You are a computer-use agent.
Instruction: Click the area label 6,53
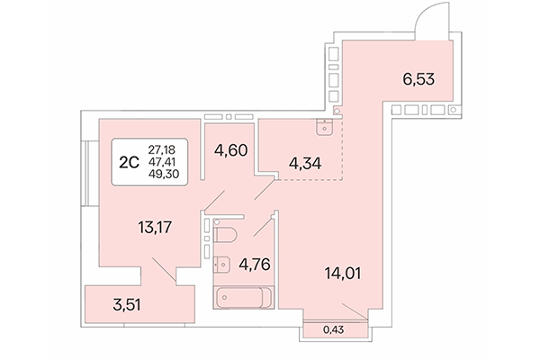point(418,79)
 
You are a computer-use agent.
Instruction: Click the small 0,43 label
point(333,330)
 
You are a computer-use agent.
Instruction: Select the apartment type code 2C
point(129,163)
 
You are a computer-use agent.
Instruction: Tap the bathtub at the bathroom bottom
point(239,296)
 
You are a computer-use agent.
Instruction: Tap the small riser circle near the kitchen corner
point(336,112)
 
